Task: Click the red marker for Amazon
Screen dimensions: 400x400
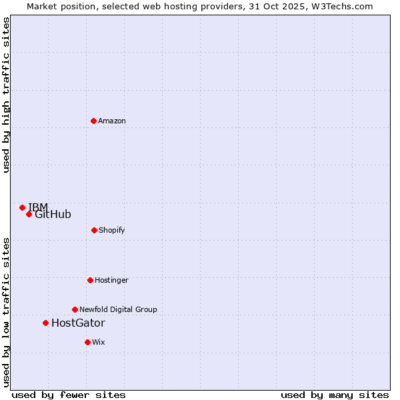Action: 93,121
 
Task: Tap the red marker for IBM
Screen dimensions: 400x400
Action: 22,207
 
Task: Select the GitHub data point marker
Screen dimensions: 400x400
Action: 29,214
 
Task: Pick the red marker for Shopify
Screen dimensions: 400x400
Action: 94,230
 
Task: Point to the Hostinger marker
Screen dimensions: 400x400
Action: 90,280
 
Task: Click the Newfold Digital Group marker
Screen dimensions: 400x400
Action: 75,309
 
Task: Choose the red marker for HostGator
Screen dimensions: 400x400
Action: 45,323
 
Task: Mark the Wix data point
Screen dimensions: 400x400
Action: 87,342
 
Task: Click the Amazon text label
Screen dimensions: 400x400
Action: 112,121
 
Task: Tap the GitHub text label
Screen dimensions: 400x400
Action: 53,215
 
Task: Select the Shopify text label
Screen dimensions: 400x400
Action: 112,230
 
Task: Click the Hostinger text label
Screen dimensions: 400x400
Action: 111,280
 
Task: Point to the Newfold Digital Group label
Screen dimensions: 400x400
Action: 118,309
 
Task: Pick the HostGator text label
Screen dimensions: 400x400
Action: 78,323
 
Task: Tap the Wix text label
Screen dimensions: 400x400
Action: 99,342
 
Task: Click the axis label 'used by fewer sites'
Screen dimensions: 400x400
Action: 69,395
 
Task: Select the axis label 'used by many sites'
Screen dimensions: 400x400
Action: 335,395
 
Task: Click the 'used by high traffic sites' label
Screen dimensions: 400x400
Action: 7,95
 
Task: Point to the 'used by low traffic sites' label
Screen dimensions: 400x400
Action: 7,312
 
